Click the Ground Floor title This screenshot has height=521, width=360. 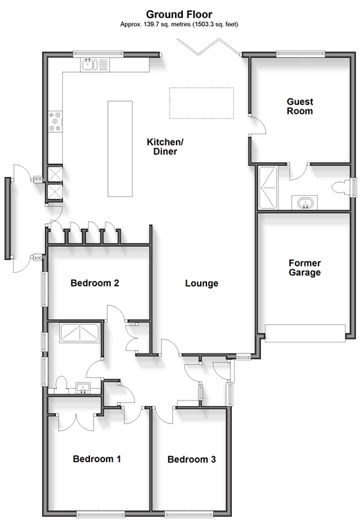[x=179, y=15]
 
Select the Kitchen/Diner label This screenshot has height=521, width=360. [x=165, y=147]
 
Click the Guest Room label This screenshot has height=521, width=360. [x=300, y=107]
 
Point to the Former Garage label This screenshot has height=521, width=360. [x=305, y=268]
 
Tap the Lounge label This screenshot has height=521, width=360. [x=201, y=284]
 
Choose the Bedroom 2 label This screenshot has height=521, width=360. [x=95, y=283]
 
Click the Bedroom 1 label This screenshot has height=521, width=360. [x=97, y=459]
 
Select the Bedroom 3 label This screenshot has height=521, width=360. [x=192, y=459]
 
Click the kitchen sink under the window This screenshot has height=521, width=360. [x=89, y=64]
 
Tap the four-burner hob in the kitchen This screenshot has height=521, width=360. [x=55, y=121]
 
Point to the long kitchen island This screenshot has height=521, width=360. [x=120, y=149]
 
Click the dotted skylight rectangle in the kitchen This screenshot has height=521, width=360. [x=201, y=103]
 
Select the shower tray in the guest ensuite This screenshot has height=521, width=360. [x=268, y=188]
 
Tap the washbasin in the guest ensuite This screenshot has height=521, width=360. [x=304, y=203]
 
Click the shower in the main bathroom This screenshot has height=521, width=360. [x=80, y=332]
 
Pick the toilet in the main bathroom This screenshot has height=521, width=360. [x=61, y=383]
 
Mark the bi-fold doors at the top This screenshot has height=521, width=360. [x=209, y=47]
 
